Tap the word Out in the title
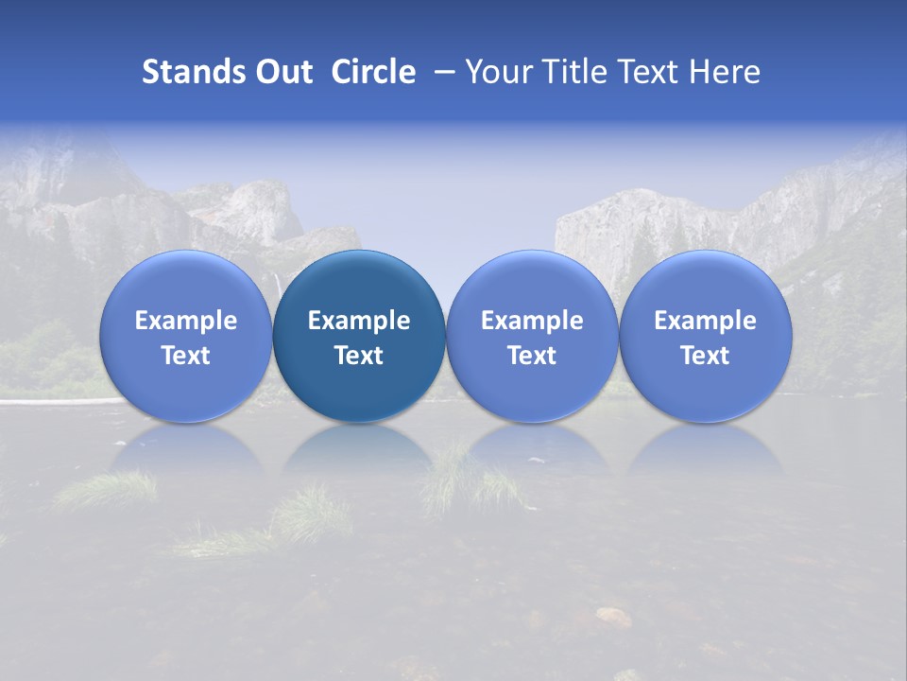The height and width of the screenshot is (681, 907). pyautogui.click(x=282, y=72)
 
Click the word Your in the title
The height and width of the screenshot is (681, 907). pyautogui.click(x=496, y=72)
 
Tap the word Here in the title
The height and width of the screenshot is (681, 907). pyautogui.click(x=725, y=72)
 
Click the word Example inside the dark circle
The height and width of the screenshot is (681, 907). pyautogui.click(x=359, y=321)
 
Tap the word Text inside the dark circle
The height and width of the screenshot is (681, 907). pyautogui.click(x=359, y=356)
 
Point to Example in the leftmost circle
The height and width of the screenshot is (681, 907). pyautogui.click(x=185, y=321)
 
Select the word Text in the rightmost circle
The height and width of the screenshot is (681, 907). pyautogui.click(x=706, y=356)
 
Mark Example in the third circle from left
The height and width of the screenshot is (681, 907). pyautogui.click(x=532, y=321)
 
